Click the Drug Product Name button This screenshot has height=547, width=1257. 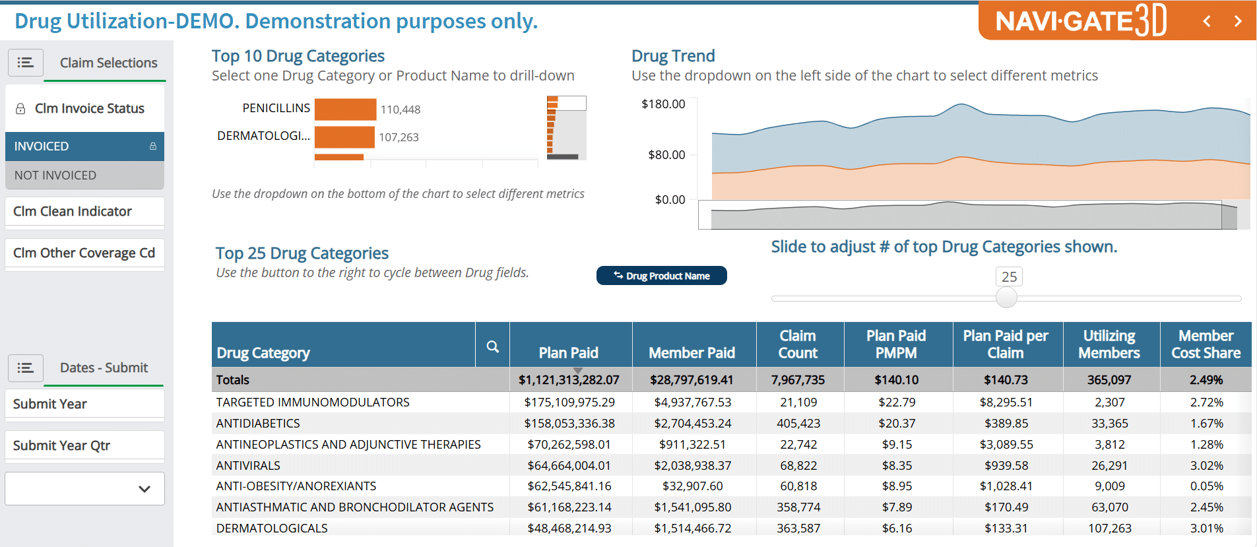point(661,276)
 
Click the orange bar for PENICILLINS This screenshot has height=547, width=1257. point(345,110)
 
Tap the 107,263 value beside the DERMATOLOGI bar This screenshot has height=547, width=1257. point(399,137)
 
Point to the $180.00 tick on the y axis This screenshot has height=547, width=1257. point(663,104)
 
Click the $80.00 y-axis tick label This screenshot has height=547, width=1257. point(666,155)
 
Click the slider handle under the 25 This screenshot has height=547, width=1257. point(1006,298)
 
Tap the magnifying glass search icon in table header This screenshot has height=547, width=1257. point(492,346)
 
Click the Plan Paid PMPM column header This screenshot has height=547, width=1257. point(895,344)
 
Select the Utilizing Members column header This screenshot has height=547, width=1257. point(1109,344)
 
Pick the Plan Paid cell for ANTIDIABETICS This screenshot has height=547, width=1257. point(569,424)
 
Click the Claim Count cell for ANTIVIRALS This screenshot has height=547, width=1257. point(798,466)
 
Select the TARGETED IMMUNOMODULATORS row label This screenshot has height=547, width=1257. point(313,402)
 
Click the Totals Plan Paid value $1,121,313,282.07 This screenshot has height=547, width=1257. point(569,380)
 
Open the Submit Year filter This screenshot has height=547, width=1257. point(84,404)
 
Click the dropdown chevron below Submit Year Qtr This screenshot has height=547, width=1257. point(145,489)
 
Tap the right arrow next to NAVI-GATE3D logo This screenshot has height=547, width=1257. point(1238,21)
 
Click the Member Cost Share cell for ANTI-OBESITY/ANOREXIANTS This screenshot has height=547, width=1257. point(1206,486)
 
